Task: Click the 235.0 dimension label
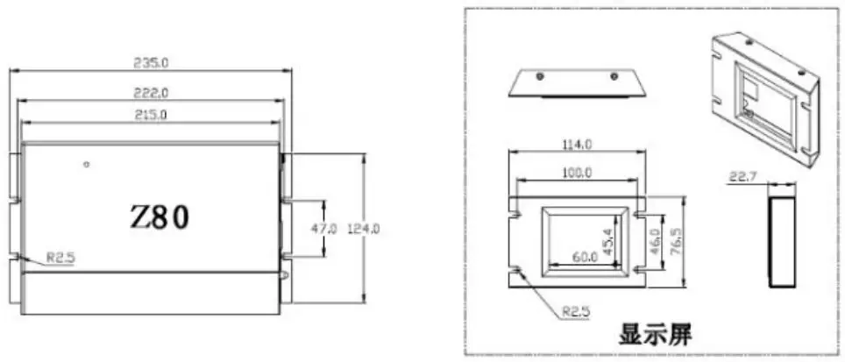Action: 151,64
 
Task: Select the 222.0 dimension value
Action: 151,91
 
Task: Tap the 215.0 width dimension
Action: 151,115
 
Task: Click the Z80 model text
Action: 160,216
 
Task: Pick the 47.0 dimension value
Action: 324,228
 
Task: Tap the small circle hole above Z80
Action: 86,164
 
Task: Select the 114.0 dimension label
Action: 576,146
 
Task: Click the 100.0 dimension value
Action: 576,173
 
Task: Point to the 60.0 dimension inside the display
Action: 585,256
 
